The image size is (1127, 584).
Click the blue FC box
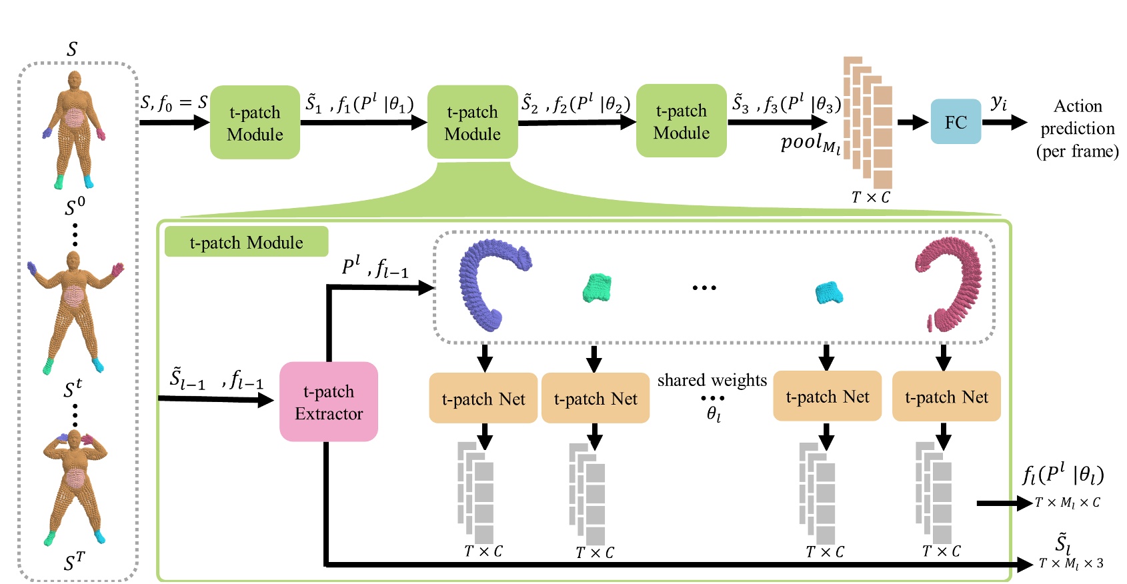[955, 122]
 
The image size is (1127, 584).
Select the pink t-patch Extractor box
[329, 402]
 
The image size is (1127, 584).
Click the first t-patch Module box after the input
[255, 123]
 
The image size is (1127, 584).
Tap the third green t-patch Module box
[681, 121]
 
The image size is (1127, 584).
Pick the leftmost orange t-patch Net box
[483, 398]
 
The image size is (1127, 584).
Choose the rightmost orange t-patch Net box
[946, 397]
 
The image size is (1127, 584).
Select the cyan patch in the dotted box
[829, 292]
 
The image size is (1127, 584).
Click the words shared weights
[712, 380]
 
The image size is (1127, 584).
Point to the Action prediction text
[1077, 128]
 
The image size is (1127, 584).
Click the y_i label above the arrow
[998, 103]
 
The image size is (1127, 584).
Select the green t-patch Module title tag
[246, 242]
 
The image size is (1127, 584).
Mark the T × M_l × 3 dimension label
[1071, 564]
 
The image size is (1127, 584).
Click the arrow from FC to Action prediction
[1004, 122]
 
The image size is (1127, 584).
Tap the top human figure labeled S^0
[74, 130]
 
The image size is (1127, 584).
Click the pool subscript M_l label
[810, 144]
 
